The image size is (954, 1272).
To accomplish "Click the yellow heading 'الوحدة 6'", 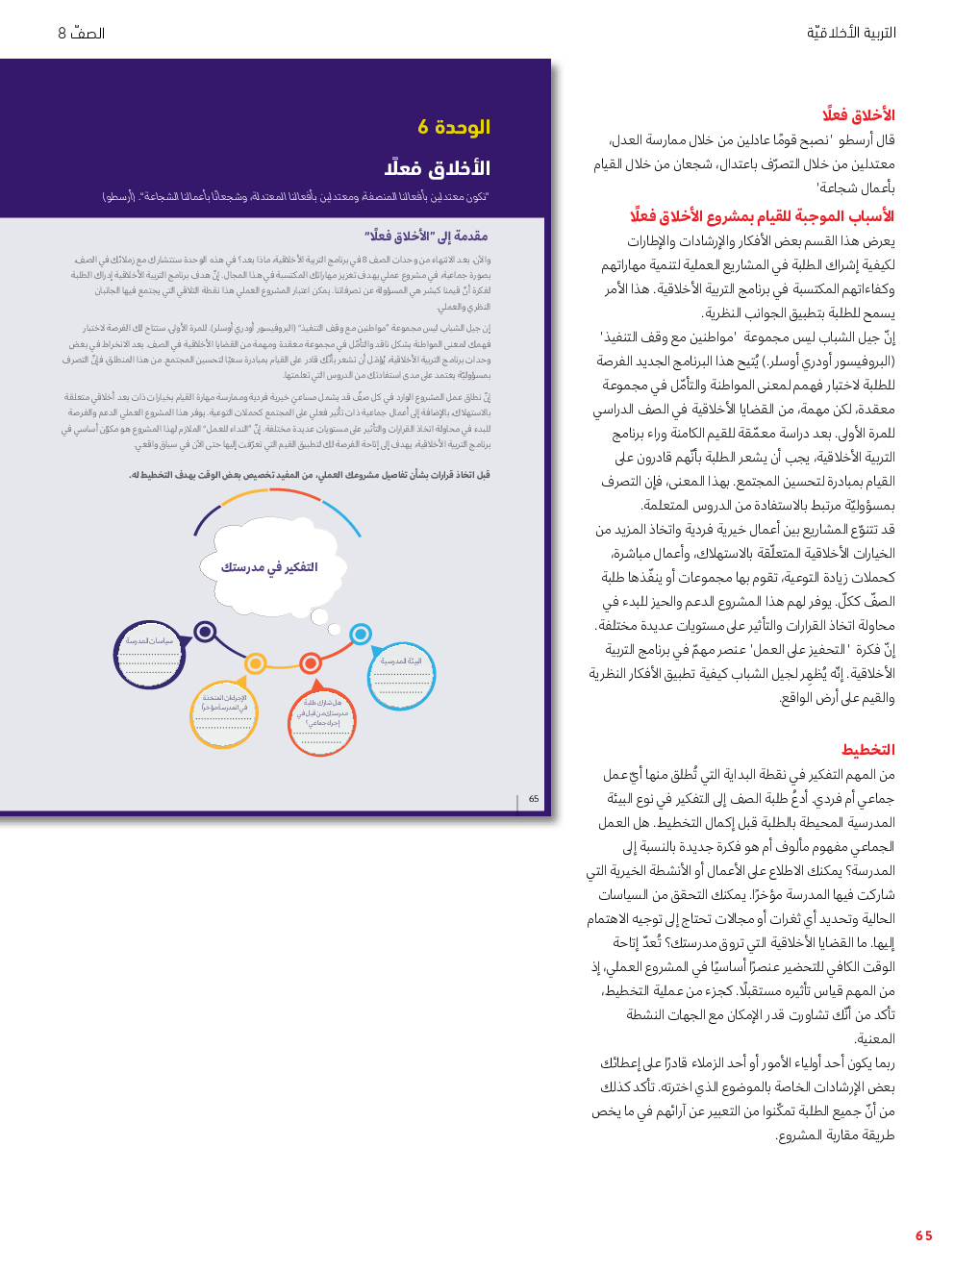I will pyautogui.click(x=454, y=127).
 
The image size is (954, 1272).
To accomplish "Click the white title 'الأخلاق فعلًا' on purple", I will pyautogui.click(x=438, y=168).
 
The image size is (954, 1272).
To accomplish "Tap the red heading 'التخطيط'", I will pyautogui.click(x=867, y=750).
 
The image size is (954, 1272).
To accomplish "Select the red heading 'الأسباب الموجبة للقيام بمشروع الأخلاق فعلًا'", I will pyautogui.click(x=762, y=216).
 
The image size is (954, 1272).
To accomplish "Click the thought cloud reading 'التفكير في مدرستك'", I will pyautogui.click(x=268, y=566).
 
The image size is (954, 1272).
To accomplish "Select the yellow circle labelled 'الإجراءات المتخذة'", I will pyautogui.click(x=224, y=714).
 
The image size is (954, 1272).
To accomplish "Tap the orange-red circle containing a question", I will pyautogui.click(x=322, y=721).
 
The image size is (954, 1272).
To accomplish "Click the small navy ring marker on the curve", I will pyautogui.click(x=205, y=632).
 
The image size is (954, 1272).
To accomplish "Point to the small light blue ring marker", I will pyautogui.click(x=361, y=634).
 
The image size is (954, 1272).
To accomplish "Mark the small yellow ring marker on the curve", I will pyautogui.click(x=256, y=663).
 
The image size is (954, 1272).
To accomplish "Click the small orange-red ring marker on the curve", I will pyautogui.click(x=311, y=663).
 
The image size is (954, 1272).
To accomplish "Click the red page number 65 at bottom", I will pyautogui.click(x=923, y=1235).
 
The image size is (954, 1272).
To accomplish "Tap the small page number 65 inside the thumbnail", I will pyautogui.click(x=534, y=799).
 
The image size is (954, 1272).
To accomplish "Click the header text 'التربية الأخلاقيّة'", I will pyautogui.click(x=851, y=33).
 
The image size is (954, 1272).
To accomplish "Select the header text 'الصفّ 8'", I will pyautogui.click(x=82, y=33).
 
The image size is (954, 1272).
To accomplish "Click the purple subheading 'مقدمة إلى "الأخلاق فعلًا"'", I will pyautogui.click(x=426, y=236).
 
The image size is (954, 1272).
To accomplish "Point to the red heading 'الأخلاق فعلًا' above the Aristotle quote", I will pyautogui.click(x=858, y=115).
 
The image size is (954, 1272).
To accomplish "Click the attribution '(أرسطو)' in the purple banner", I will pyautogui.click(x=119, y=197).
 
